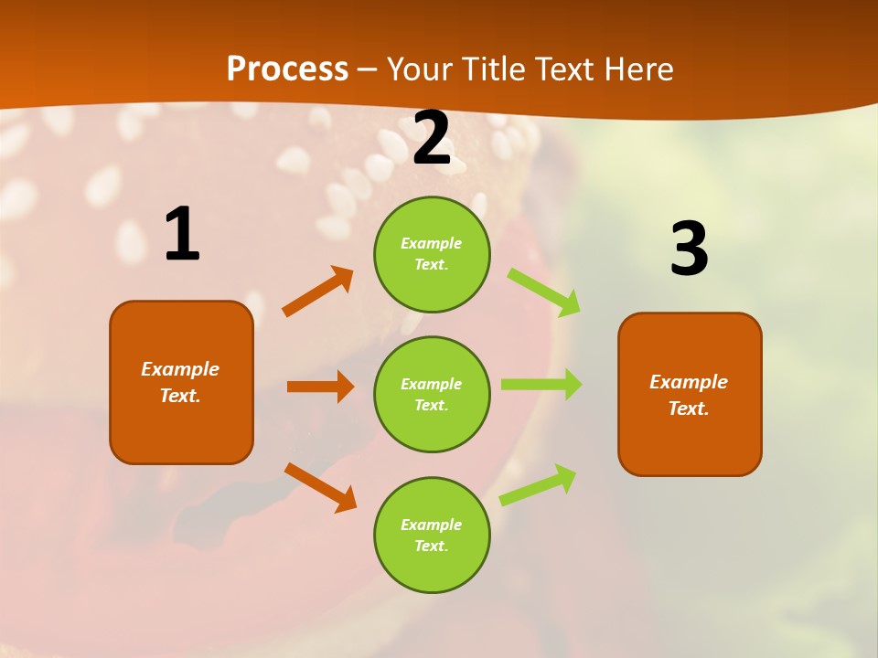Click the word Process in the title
tap(287, 69)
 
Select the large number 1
tap(181, 235)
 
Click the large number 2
tap(432, 138)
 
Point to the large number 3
tap(689, 249)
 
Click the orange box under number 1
tap(181, 382)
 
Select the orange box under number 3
tap(690, 394)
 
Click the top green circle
tap(432, 254)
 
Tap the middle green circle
tap(432, 394)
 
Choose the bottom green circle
tap(432, 535)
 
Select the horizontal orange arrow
tap(320, 387)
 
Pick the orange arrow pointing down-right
tap(320, 487)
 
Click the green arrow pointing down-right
tap(544, 292)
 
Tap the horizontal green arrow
tap(541, 385)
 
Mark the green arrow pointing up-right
tap(539, 484)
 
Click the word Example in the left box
tap(180, 369)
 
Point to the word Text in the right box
tap(688, 409)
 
